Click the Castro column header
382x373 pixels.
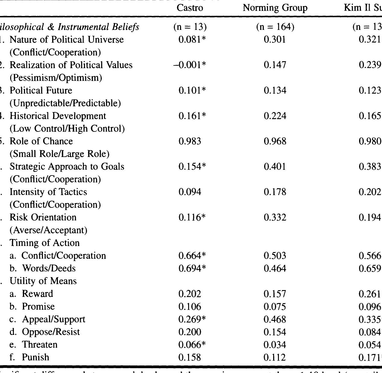[190, 8]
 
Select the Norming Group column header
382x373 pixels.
[275, 8]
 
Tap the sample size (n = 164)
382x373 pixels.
[275, 27]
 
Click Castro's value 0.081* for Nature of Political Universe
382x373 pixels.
[192, 40]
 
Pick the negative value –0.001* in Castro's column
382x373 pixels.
[190, 65]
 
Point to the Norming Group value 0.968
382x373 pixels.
[275, 141]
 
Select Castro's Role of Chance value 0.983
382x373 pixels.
[190, 141]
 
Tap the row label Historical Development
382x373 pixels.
[58, 116]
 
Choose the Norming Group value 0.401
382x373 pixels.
[275, 167]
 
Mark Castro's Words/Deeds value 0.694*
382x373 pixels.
[192, 268]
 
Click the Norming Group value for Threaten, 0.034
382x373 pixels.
[275, 345]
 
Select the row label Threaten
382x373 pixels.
[39, 345]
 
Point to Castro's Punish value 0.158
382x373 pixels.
[190, 357]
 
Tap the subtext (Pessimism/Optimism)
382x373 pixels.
[56, 78]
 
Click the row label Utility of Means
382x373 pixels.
[43, 281]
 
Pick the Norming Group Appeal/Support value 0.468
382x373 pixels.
[275, 319]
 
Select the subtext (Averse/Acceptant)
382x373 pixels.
[49, 230]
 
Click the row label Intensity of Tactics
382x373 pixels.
[48, 192]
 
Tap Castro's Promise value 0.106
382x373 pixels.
[190, 307]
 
